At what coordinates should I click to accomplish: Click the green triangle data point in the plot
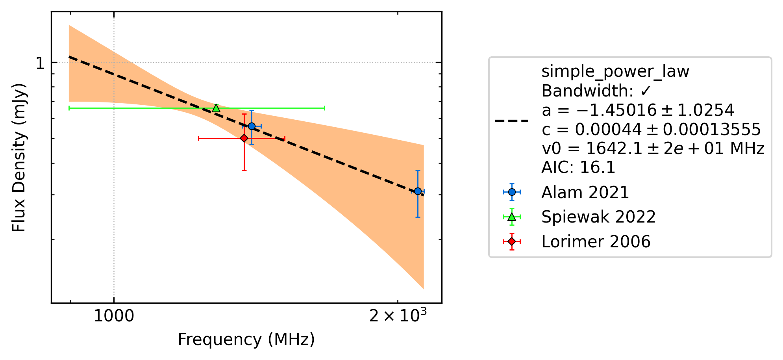tap(216, 108)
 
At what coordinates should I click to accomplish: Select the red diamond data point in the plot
tap(244, 138)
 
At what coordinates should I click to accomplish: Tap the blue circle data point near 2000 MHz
tap(418, 191)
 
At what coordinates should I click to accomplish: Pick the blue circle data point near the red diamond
tap(252, 126)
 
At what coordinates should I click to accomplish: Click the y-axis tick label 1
tap(40, 63)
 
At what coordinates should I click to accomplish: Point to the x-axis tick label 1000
tap(114, 316)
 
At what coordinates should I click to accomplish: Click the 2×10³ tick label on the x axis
tap(398, 315)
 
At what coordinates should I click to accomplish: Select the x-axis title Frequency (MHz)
tap(246, 340)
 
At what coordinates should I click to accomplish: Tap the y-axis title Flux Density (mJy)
tap(19, 158)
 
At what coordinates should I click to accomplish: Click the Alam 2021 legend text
tap(585, 193)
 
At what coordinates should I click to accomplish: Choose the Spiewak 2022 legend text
tap(598, 217)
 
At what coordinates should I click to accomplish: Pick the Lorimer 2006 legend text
tap(596, 241)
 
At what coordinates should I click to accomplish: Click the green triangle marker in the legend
tap(512, 217)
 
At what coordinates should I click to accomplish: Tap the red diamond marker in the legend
tap(512, 241)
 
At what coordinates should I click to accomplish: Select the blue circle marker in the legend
tap(512, 192)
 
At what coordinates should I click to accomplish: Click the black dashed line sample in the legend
tap(512, 121)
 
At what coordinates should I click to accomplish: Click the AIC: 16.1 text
tap(578, 168)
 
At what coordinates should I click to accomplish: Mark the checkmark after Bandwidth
tap(645, 91)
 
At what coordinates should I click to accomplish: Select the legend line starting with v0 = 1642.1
tap(653, 148)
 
